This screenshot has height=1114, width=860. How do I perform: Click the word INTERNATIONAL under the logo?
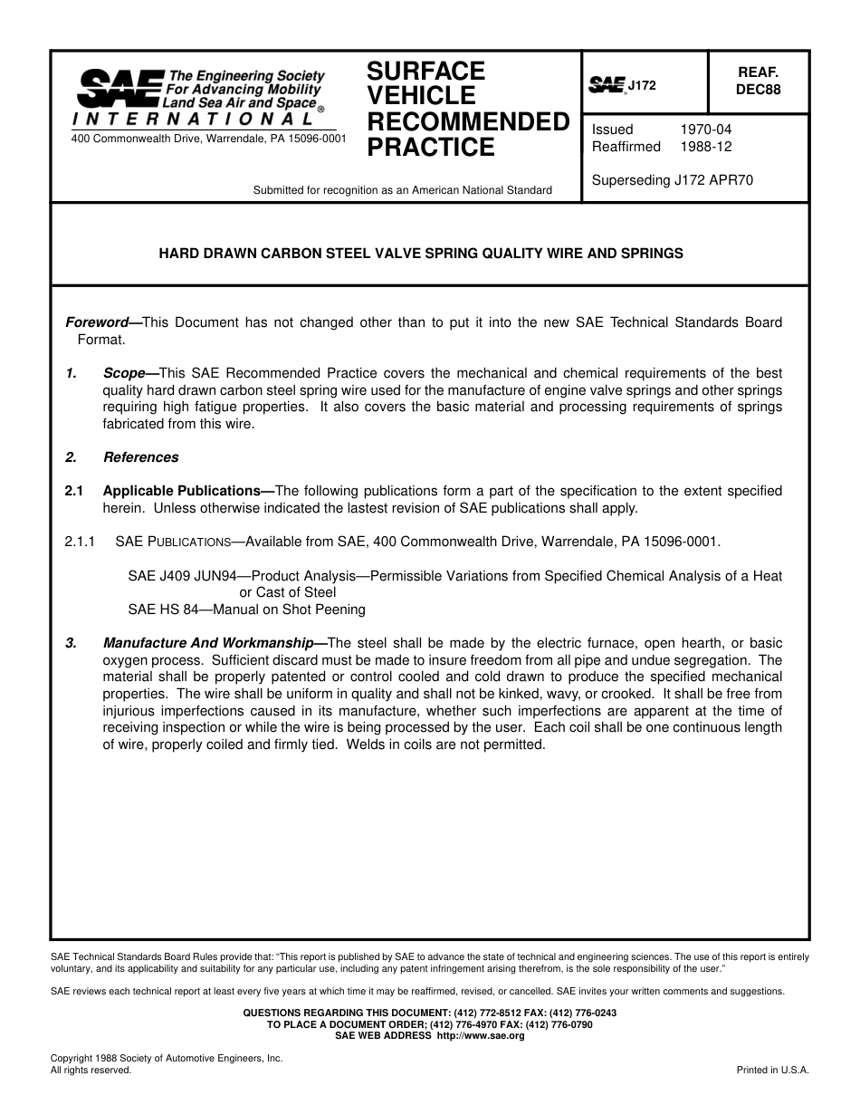tap(193, 120)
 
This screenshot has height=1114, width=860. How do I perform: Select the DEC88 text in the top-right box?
tap(758, 90)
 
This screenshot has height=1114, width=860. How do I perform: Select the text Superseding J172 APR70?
tap(672, 180)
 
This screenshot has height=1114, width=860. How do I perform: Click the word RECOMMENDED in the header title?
tap(468, 121)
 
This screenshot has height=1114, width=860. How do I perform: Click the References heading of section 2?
tap(141, 457)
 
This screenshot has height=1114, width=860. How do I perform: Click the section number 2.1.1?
tap(80, 542)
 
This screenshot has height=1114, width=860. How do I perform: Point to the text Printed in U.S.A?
tap(772, 1070)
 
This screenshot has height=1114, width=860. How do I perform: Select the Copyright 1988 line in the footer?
tap(167, 1058)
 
